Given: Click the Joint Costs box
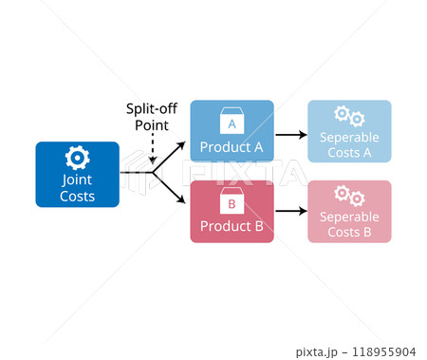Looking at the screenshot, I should pyautogui.click(x=77, y=174).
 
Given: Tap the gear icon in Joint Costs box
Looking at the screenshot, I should pyautogui.click(x=77, y=158).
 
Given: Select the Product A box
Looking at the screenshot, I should pyautogui.click(x=232, y=131).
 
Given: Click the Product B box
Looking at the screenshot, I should pyautogui.click(x=232, y=212).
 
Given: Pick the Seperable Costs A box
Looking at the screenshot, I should pyautogui.click(x=349, y=131).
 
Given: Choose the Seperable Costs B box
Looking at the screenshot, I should pyautogui.click(x=349, y=212).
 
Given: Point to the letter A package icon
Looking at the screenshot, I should pyautogui.click(x=232, y=121).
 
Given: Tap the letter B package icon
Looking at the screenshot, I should pyautogui.click(x=232, y=201).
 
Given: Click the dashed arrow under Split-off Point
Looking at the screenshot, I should pyautogui.click(x=152, y=149).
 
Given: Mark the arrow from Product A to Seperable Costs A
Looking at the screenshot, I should pyautogui.click(x=291, y=135).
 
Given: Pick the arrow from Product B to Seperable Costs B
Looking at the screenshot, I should pyautogui.click(x=291, y=214).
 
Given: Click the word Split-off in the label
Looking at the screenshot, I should pyautogui.click(x=152, y=108).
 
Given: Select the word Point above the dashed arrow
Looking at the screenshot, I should pyautogui.click(x=152, y=124).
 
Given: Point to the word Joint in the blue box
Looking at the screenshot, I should pyautogui.click(x=77, y=179).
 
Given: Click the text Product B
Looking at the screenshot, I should pyautogui.click(x=232, y=227).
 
